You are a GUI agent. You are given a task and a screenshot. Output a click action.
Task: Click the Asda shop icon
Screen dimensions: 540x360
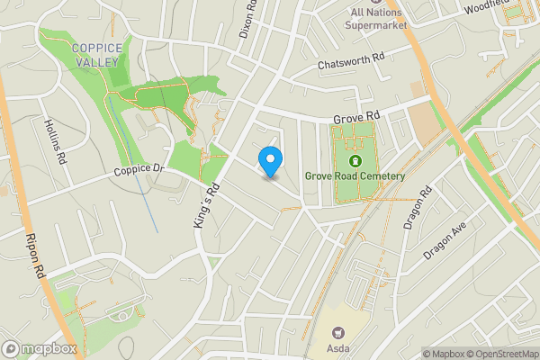click(x=338, y=332)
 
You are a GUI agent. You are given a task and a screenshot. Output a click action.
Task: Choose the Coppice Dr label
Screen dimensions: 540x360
click(x=139, y=169)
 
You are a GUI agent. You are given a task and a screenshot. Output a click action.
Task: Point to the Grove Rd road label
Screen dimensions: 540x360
click(x=357, y=118)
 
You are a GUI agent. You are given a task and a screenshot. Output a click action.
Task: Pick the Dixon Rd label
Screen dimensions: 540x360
click(x=247, y=18)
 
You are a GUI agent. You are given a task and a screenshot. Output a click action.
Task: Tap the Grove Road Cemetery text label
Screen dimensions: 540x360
click(x=354, y=176)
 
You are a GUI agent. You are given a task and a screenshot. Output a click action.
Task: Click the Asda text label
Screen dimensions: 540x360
click(x=338, y=347)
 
